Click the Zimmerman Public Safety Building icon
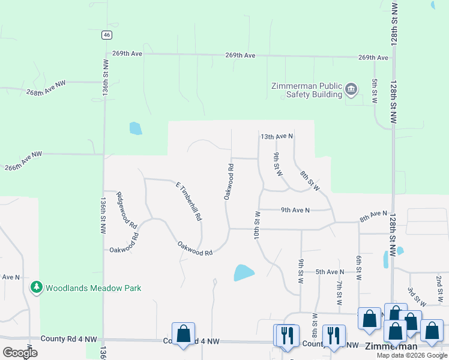352,91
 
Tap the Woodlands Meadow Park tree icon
37,288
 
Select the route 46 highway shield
106,35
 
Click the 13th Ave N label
277,137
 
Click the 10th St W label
257,226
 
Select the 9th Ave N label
295,210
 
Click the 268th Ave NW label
46,89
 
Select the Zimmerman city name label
391,347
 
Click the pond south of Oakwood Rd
243,273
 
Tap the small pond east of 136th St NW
136,128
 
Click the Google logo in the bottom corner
19,352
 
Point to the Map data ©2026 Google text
411,355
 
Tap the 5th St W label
375,90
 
